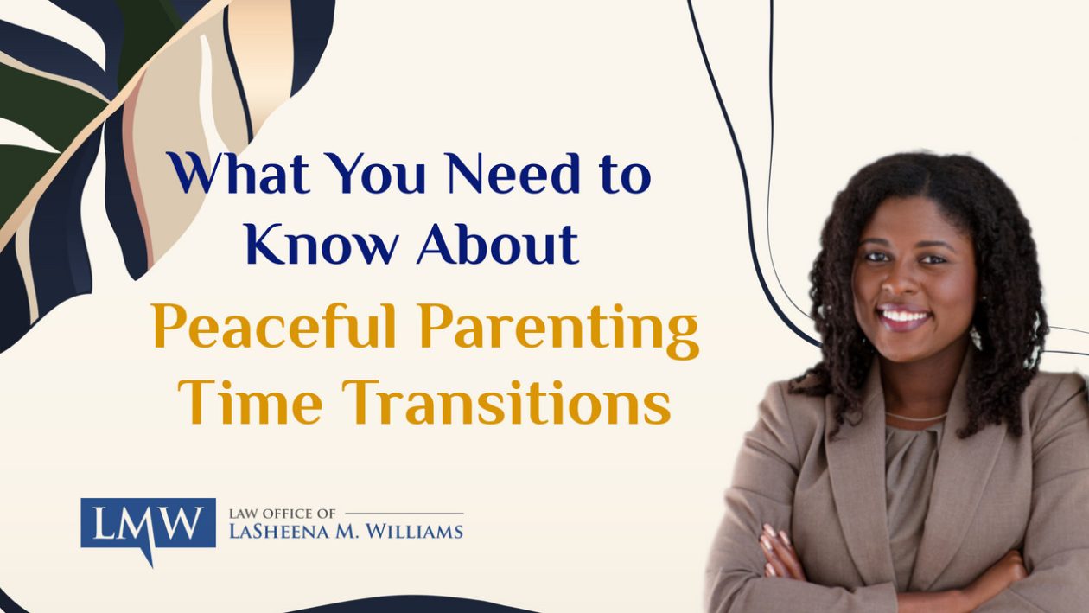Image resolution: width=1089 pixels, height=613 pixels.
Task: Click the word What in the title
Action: click(x=238, y=173)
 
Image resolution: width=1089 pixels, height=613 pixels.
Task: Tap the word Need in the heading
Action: click(x=514, y=173)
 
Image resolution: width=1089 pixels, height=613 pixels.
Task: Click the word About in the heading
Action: click(x=498, y=243)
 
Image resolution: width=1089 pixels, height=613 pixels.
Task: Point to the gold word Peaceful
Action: click(x=274, y=325)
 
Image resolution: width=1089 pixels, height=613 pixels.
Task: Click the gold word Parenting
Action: click(x=559, y=331)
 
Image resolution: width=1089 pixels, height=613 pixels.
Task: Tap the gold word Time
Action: click(x=250, y=402)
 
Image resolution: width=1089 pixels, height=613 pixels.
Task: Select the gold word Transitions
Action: click(x=506, y=402)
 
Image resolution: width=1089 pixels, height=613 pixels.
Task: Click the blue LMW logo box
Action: click(x=149, y=522)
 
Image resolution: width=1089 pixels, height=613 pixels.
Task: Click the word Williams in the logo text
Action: click(x=414, y=531)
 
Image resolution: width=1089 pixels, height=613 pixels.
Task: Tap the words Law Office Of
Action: click(x=283, y=514)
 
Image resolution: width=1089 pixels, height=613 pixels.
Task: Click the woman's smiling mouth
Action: click(x=903, y=316)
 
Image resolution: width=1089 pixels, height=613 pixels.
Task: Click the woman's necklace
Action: click(x=916, y=418)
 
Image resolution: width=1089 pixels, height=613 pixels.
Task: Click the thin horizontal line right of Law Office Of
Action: click(x=404, y=514)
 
